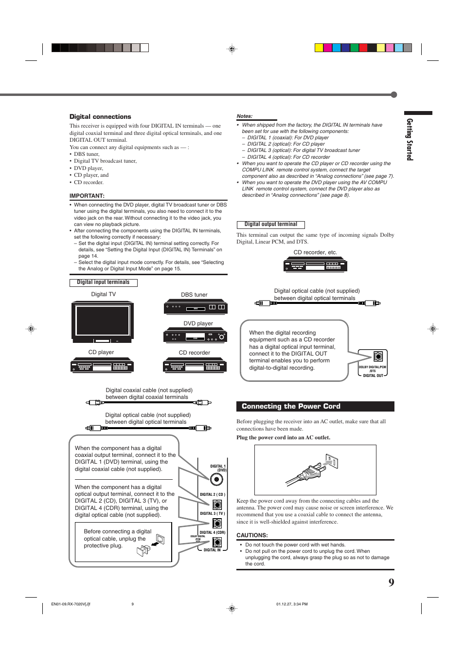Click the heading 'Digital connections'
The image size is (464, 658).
pyautogui.click(x=100, y=117)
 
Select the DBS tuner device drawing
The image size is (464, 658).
pyautogui.click(x=196, y=307)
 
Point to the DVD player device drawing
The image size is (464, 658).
pyautogui.click(x=195, y=336)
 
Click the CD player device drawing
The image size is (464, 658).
pyautogui.click(x=102, y=365)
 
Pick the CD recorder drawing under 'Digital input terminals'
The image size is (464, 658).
pyautogui.click(x=195, y=365)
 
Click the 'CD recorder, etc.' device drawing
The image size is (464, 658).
pyautogui.click(x=315, y=264)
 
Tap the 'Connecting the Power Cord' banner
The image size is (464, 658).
pyautogui.click(x=315, y=406)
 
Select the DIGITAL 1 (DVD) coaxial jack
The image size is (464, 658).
pyautogui.click(x=216, y=479)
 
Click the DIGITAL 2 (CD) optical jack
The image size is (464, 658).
pyautogui.click(x=217, y=505)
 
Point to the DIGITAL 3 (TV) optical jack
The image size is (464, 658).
pyautogui.click(x=217, y=524)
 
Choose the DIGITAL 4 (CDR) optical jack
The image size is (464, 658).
pyautogui.click(x=217, y=542)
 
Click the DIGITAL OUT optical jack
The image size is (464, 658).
pyautogui.click(x=378, y=356)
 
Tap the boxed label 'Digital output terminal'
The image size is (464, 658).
pyautogui.click(x=271, y=225)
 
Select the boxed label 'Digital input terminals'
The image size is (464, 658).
pyautogui.click(x=103, y=282)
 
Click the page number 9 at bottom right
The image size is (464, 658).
pyautogui.click(x=391, y=583)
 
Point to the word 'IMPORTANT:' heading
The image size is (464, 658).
pyautogui.click(x=87, y=196)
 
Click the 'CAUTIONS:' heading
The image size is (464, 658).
pyautogui.click(x=252, y=535)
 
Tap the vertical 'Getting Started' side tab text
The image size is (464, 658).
pyautogui.click(x=410, y=139)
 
